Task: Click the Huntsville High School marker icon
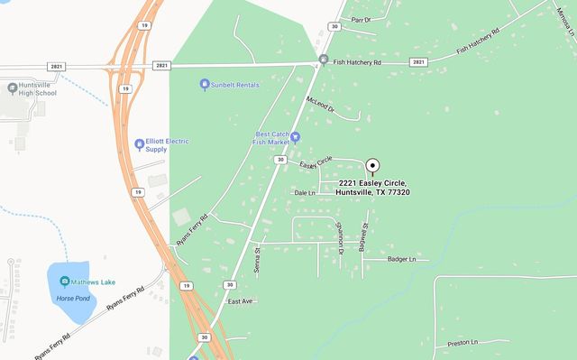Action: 12,88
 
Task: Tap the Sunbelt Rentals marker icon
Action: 205,85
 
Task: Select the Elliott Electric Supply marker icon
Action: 139,143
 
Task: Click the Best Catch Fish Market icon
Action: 295,137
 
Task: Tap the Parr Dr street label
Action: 361,19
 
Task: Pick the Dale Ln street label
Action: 305,192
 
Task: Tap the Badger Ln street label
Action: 401,260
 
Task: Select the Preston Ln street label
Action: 462,342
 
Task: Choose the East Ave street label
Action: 241,300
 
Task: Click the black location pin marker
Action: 371,166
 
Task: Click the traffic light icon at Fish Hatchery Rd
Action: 323,60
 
